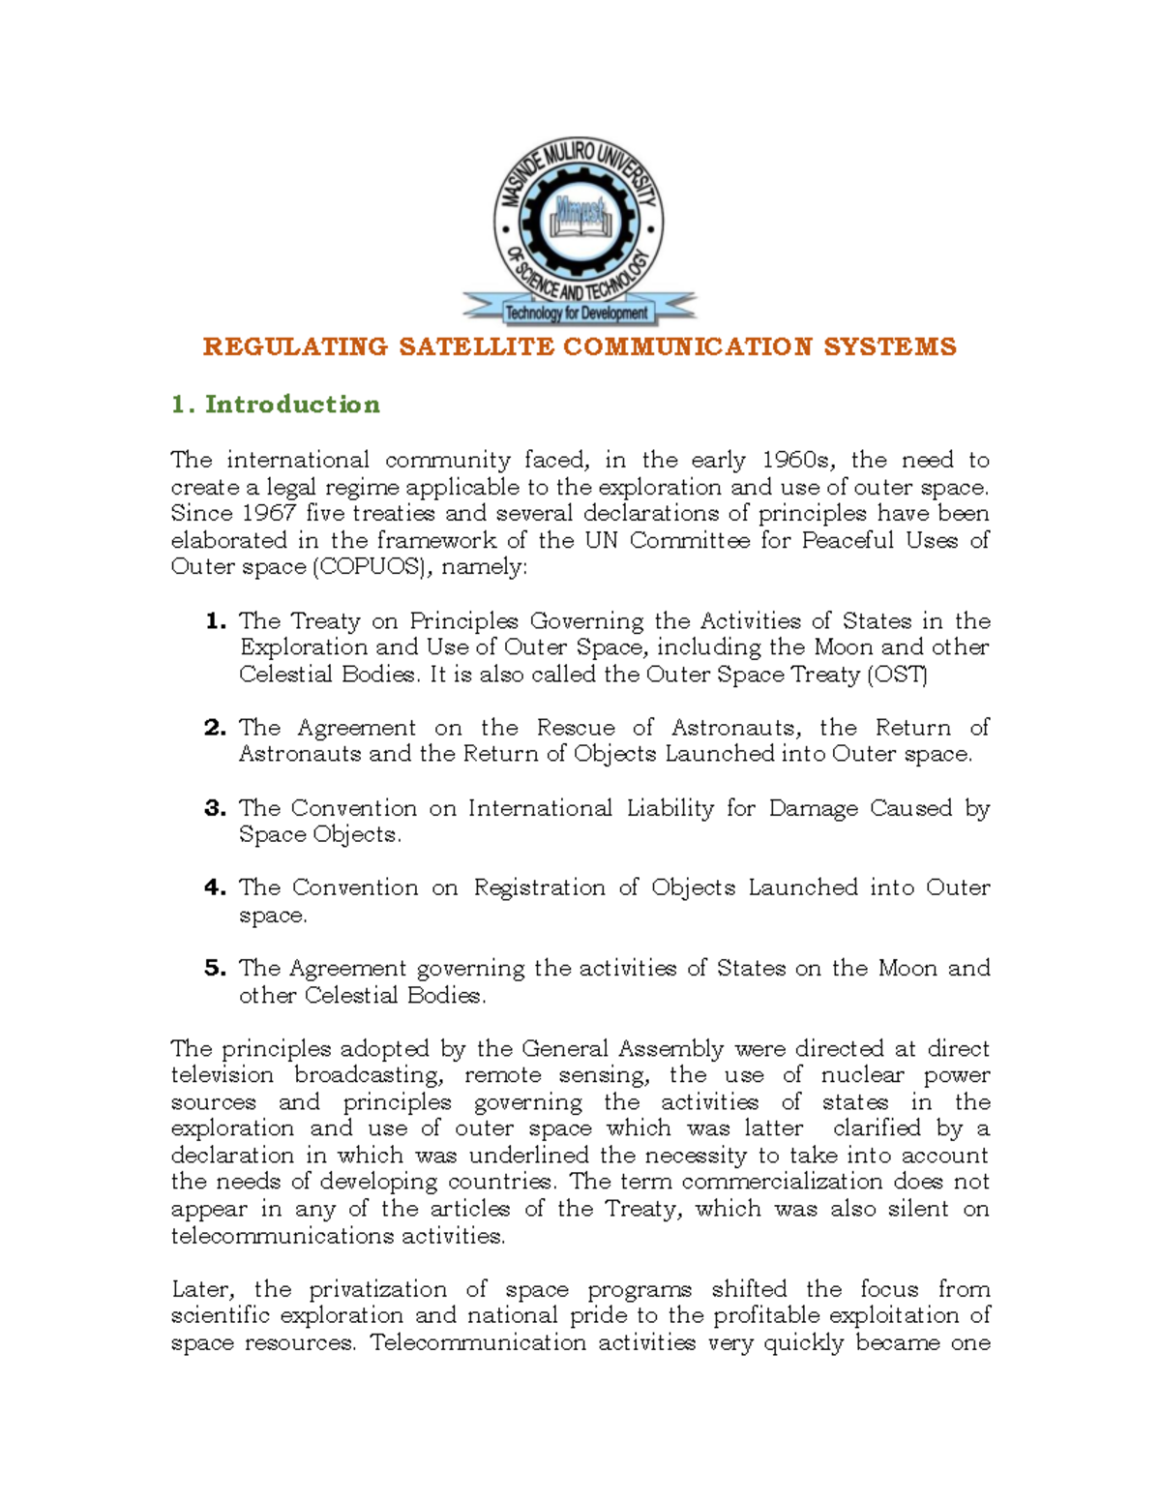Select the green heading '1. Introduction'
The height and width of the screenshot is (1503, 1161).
pyautogui.click(x=276, y=405)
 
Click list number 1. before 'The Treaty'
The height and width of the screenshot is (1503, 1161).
pyautogui.click(x=216, y=620)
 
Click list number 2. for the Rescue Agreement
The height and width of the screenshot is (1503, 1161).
pyautogui.click(x=216, y=728)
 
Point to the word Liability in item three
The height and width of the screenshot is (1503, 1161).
pyautogui.click(x=670, y=808)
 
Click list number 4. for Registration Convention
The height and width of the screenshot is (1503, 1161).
pyautogui.click(x=216, y=887)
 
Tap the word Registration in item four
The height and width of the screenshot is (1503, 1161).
pyautogui.click(x=539, y=887)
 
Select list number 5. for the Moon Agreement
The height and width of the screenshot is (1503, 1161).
pyautogui.click(x=216, y=968)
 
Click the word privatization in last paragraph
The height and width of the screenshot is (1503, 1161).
pyautogui.click(x=377, y=1289)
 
